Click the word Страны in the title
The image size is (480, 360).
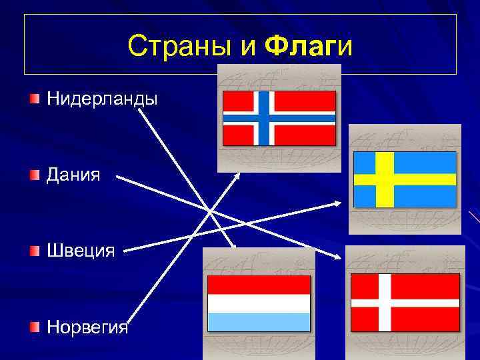point(175,46)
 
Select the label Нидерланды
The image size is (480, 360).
point(102,99)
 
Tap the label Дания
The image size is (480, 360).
point(73,175)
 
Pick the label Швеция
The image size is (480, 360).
point(80,251)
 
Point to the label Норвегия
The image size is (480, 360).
point(87,328)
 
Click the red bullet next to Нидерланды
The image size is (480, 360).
point(34,99)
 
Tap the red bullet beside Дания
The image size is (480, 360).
point(34,175)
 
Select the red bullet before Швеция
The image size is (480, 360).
point(34,251)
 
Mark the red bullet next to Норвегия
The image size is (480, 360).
point(34,327)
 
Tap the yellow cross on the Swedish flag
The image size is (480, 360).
point(385,179)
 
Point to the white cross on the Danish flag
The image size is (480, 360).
point(384,302)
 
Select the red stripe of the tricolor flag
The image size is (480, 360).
point(259,285)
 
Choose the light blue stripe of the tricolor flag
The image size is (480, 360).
point(259,322)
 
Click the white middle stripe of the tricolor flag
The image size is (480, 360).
point(259,303)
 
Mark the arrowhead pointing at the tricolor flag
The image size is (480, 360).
point(234,246)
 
